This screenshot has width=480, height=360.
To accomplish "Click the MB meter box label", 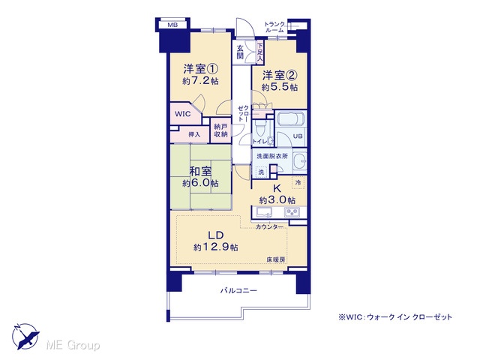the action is point(172,25).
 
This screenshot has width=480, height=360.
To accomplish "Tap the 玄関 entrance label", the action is point(240,52).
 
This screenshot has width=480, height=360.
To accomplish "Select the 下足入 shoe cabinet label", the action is point(260,52).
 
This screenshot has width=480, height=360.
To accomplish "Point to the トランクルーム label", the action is point(274,27).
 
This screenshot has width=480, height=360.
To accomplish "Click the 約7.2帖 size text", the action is point(200,81).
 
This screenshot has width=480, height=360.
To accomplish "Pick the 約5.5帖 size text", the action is point(280,87).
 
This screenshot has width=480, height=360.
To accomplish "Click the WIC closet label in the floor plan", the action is point(183,114).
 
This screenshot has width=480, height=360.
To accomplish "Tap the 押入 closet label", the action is point(194,134).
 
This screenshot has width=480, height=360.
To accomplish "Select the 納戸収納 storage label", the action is point(220,130).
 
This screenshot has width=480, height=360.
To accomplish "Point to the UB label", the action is point(298,136).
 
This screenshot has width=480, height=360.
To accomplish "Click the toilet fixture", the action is point(261,128).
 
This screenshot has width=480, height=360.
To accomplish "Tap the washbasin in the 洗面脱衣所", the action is point(300,160).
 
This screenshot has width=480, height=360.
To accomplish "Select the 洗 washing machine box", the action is point(261,172).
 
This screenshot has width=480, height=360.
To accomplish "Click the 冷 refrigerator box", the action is point(298,183).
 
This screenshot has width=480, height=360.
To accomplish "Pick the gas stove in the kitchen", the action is point(292,211).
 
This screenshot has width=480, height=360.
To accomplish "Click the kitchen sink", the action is point(265,211).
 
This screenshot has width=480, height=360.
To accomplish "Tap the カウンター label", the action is point(269,226).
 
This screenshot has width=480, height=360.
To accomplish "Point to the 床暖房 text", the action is point(276,259).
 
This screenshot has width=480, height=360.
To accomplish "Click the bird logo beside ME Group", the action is point(25,337).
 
